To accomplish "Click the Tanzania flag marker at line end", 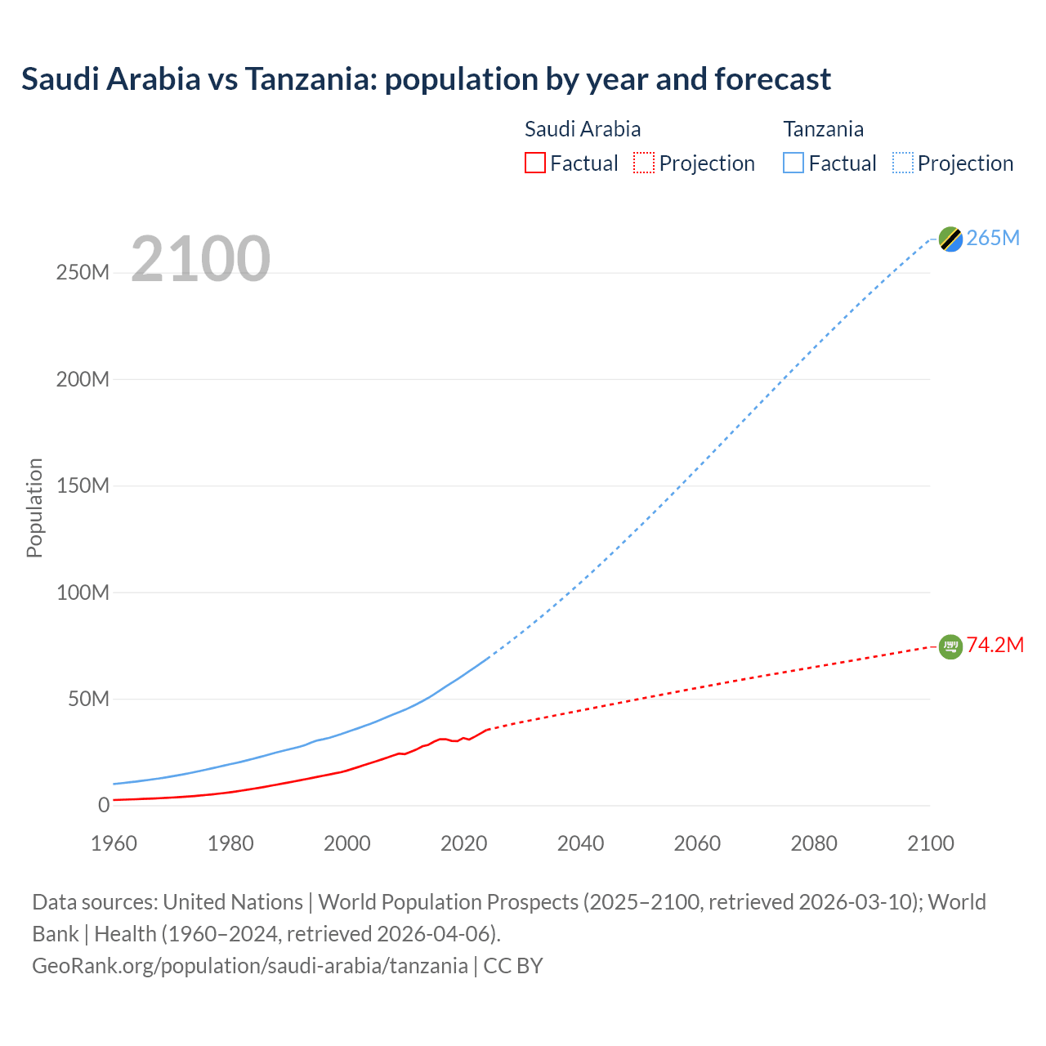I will click(950, 239).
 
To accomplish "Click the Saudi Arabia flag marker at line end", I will click(950, 646).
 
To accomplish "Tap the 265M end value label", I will click(993, 238).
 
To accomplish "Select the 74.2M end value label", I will click(995, 645).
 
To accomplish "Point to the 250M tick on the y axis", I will click(83, 272).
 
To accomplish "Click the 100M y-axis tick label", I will click(83, 592).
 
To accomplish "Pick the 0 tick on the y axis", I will click(103, 806).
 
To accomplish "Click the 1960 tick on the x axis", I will click(114, 843).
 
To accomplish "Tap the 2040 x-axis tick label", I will click(580, 843).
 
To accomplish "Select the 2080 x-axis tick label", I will click(814, 843).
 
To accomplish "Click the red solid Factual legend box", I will click(535, 163).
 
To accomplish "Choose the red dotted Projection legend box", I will click(644, 163).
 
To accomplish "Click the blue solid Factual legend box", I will click(793, 163).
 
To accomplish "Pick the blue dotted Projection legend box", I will click(903, 163).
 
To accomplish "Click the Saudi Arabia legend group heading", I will click(583, 129).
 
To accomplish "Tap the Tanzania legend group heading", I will click(823, 129).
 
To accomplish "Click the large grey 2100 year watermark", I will click(200, 259).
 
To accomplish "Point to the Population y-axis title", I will click(34, 507).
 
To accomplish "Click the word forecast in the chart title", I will click(772, 79).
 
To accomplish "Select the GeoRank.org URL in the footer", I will click(250, 966).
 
